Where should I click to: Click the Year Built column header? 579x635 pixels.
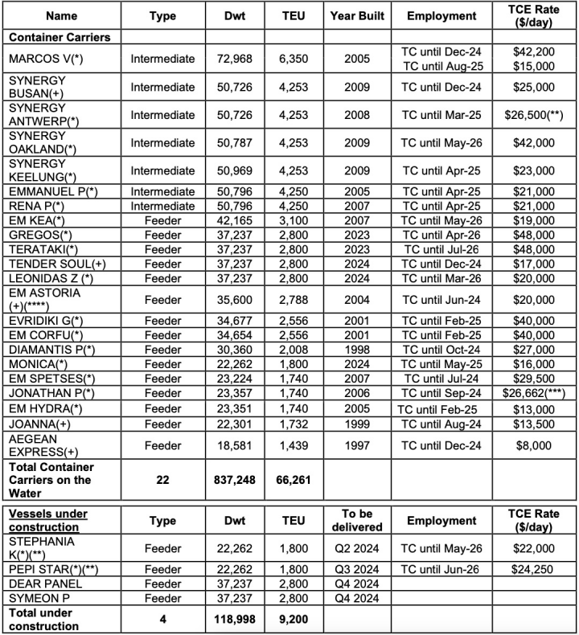pyautogui.click(x=357, y=16)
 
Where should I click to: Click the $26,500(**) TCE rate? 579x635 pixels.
pyautogui.click(x=533, y=115)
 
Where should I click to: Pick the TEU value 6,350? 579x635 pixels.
pyautogui.click(x=294, y=59)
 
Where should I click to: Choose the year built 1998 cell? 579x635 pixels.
pyautogui.click(x=357, y=350)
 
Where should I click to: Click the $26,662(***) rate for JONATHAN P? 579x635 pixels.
pyautogui.click(x=533, y=393)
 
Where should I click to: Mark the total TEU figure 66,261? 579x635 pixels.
pyautogui.click(x=294, y=479)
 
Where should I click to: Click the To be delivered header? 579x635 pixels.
pyautogui.click(x=357, y=521)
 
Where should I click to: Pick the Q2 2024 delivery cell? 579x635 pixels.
pyautogui.click(x=357, y=548)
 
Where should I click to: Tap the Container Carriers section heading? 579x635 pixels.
pyautogui.click(x=60, y=37)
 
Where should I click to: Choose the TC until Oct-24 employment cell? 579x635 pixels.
pyautogui.click(x=441, y=350)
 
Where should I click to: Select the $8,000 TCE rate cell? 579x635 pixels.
pyautogui.click(x=533, y=445)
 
